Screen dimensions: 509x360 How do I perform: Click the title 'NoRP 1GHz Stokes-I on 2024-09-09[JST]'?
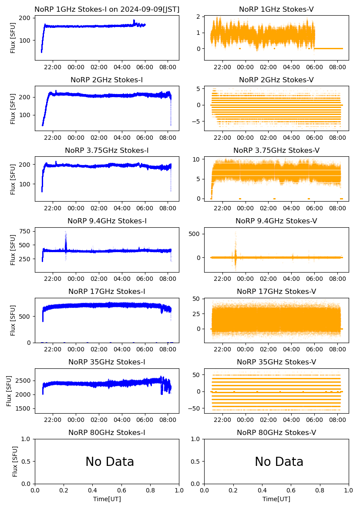tap(107, 10)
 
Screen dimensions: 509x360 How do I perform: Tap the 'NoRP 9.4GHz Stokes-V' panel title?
tap(276, 221)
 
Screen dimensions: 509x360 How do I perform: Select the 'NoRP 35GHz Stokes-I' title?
tap(107, 362)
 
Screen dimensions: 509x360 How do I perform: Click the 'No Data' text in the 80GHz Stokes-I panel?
tap(110, 462)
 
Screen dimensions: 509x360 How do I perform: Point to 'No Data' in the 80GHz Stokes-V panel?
tap(279, 462)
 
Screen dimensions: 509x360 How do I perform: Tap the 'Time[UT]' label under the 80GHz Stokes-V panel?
tap(276, 499)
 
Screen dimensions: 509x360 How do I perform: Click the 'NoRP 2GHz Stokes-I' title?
tap(107, 80)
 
